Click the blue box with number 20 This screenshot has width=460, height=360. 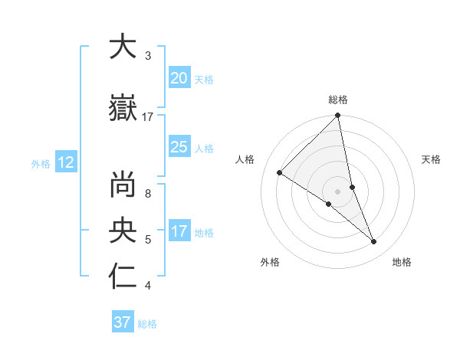click(179, 78)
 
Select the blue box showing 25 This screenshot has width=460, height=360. click(179, 147)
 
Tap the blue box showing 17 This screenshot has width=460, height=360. click(179, 232)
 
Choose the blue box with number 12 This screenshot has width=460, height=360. click(65, 162)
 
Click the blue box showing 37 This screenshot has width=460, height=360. click(122, 322)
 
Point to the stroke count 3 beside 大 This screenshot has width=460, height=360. click(148, 56)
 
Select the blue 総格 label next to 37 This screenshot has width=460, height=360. click(147, 324)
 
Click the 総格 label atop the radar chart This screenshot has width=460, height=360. click(337, 100)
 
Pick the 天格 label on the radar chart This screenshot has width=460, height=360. click(431, 159)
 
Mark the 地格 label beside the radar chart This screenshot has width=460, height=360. click(402, 263)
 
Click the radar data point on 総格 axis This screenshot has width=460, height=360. click(337, 116)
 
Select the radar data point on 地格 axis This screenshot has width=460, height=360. click(373, 241)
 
